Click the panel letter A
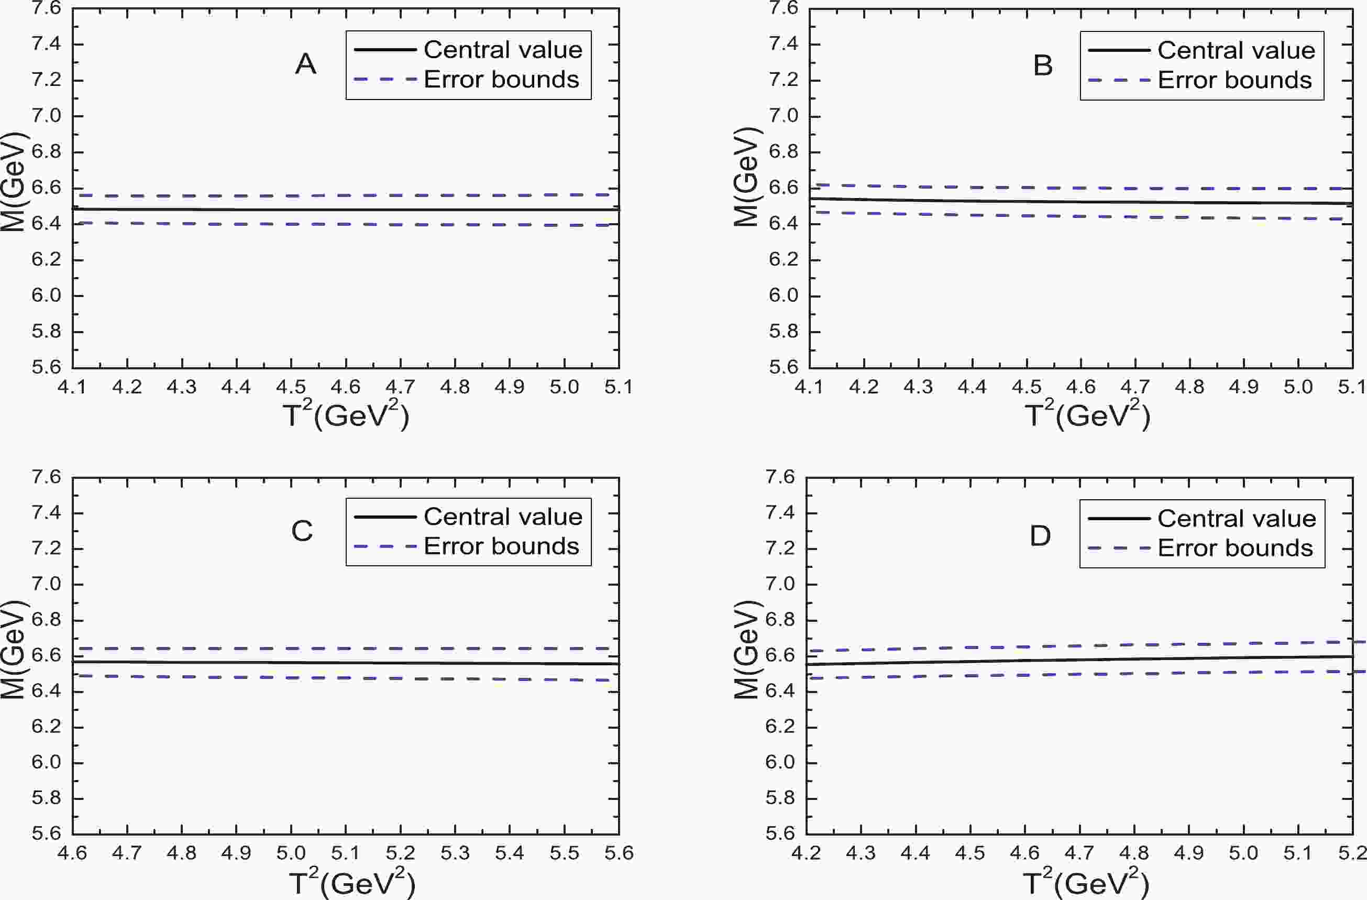click(305, 64)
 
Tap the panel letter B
click(1042, 65)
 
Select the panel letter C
click(302, 531)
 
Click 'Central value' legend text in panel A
click(503, 50)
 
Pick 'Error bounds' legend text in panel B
click(1235, 80)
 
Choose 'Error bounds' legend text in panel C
click(501, 546)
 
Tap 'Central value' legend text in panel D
click(1237, 519)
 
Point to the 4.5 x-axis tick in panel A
click(291, 387)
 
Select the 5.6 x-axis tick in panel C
click(619, 853)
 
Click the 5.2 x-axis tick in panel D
click(1351, 853)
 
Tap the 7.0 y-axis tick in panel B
click(784, 116)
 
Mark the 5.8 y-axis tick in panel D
click(780, 798)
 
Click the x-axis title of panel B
click(1087, 415)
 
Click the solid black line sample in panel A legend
click(385, 50)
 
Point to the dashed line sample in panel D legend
click(1119, 548)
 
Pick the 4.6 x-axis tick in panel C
click(72, 853)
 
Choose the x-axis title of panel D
click(1086, 883)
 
